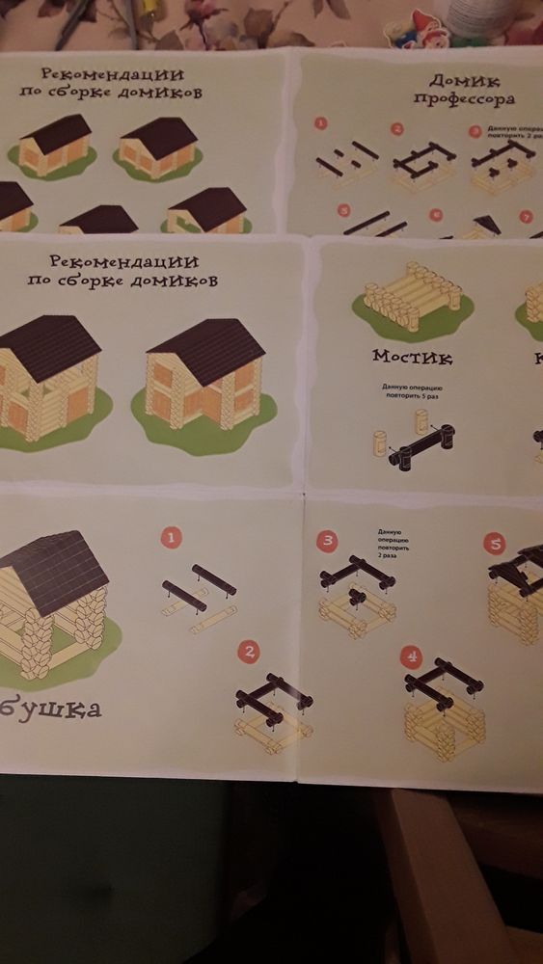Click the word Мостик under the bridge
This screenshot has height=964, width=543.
(x=412, y=357)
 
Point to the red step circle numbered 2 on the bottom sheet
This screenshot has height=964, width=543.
(x=250, y=653)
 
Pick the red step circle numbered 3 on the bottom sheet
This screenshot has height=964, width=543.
(x=328, y=540)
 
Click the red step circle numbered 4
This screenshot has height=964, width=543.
(x=413, y=658)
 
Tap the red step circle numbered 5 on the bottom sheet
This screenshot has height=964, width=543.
(x=496, y=544)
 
